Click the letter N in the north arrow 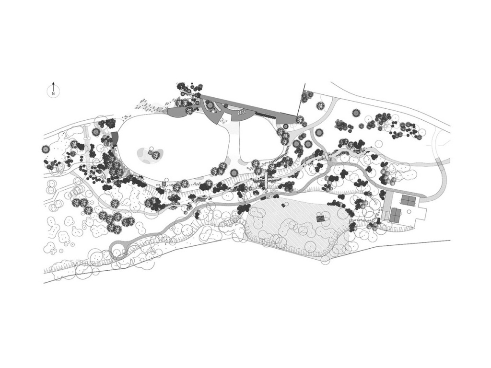click(x=53, y=93)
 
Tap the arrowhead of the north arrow click(x=53, y=83)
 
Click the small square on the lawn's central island click(x=151, y=153)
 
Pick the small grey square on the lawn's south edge click(x=164, y=183)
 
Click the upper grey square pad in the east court click(x=409, y=200)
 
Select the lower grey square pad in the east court click(x=396, y=215)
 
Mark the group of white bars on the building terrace click(x=243, y=112)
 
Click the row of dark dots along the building click(x=266, y=115)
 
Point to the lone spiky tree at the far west click(x=46, y=149)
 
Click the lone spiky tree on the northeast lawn click(x=356, y=113)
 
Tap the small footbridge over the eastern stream click(x=328, y=156)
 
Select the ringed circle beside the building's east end click(x=286, y=126)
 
